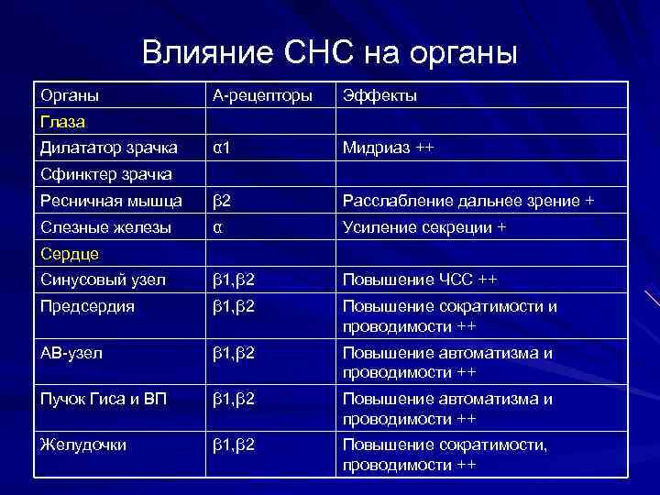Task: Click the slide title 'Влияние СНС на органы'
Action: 330,52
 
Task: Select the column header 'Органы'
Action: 70,95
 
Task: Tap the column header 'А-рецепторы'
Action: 261,95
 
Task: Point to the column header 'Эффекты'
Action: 379,95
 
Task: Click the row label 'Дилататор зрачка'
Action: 108,148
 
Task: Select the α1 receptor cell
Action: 222,148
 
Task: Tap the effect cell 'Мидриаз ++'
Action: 388,148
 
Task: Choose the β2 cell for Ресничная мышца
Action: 222,201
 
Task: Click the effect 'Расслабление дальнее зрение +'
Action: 467,201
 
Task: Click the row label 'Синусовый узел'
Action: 104,280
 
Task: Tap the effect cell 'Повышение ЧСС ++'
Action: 420,280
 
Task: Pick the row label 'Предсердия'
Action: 87,307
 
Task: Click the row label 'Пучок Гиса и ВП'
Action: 104,399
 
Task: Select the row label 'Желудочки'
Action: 83,445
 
